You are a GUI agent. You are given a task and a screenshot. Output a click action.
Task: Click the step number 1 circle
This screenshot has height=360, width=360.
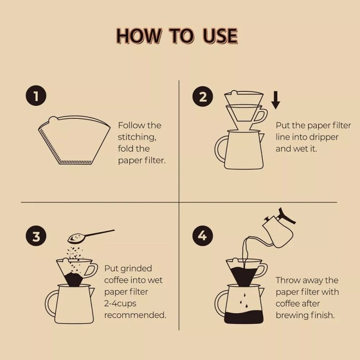pyautogui.click(x=36, y=96)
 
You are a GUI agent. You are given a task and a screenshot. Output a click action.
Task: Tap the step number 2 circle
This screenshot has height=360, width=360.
pyautogui.click(x=202, y=96)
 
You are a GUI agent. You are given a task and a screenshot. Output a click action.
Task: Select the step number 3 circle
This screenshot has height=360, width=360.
pyautogui.click(x=36, y=236)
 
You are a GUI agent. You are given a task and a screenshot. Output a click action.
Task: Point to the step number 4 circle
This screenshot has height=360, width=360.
pyautogui.click(x=202, y=235)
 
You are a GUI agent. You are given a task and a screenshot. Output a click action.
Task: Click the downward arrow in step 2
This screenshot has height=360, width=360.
pyautogui.click(x=276, y=100)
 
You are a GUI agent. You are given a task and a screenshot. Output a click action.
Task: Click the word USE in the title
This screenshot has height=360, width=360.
pyautogui.click(x=220, y=36)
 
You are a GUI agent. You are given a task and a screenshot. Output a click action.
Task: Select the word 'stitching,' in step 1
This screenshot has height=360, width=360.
pyautogui.click(x=137, y=137)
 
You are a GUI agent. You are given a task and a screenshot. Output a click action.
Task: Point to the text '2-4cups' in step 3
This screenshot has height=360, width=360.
pyautogui.click(x=120, y=304)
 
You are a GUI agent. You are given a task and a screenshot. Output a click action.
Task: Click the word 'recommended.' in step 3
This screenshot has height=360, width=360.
pyautogui.click(x=135, y=315)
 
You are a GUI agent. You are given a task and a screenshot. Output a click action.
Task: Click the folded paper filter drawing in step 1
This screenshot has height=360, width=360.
pyautogui.click(x=74, y=140)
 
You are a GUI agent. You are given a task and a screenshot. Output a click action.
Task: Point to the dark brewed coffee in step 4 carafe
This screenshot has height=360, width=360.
pyautogui.click(x=243, y=317)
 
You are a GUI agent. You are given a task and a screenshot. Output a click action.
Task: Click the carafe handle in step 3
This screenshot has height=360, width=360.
pyautogui.click(x=50, y=303)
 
